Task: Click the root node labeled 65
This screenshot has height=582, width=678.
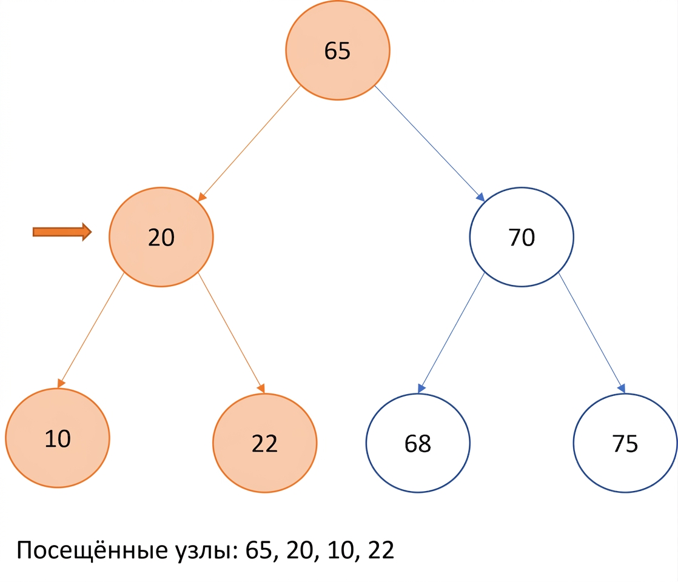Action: pyautogui.click(x=338, y=50)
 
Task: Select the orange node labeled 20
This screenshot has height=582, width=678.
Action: pyautogui.click(x=161, y=237)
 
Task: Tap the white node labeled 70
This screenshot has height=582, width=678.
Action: pyautogui.click(x=522, y=237)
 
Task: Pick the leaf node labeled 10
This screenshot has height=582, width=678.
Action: pyautogui.click(x=58, y=438)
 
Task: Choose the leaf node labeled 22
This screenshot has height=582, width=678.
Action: pyautogui.click(x=264, y=443)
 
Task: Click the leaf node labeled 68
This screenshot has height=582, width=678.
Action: pyautogui.click(x=418, y=443)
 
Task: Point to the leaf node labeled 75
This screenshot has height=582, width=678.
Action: pyautogui.click(x=625, y=443)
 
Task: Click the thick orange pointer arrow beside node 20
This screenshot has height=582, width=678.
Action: pyautogui.click(x=62, y=232)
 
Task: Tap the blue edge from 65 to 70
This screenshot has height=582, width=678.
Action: pyautogui.click(x=429, y=144)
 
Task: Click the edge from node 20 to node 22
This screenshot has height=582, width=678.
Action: pyautogui.click(x=231, y=333)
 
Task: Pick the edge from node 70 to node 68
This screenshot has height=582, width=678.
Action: pyautogui.click(x=451, y=333)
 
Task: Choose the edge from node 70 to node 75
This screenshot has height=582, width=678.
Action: pyautogui.click(x=592, y=333)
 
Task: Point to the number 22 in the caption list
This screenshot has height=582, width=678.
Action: pyautogui.click(x=381, y=550)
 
